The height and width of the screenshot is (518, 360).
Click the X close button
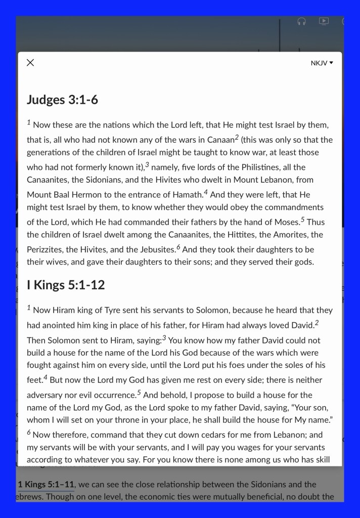(30, 63)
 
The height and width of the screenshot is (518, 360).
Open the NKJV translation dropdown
(322, 63)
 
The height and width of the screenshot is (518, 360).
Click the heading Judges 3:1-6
(62, 100)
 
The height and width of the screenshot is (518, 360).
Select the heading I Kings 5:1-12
(66, 285)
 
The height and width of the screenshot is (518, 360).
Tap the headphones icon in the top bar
(301, 21)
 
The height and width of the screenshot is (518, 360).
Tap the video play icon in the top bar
(324, 21)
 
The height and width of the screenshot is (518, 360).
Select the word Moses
(286, 222)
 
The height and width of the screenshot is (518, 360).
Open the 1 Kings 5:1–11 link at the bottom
(46, 485)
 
